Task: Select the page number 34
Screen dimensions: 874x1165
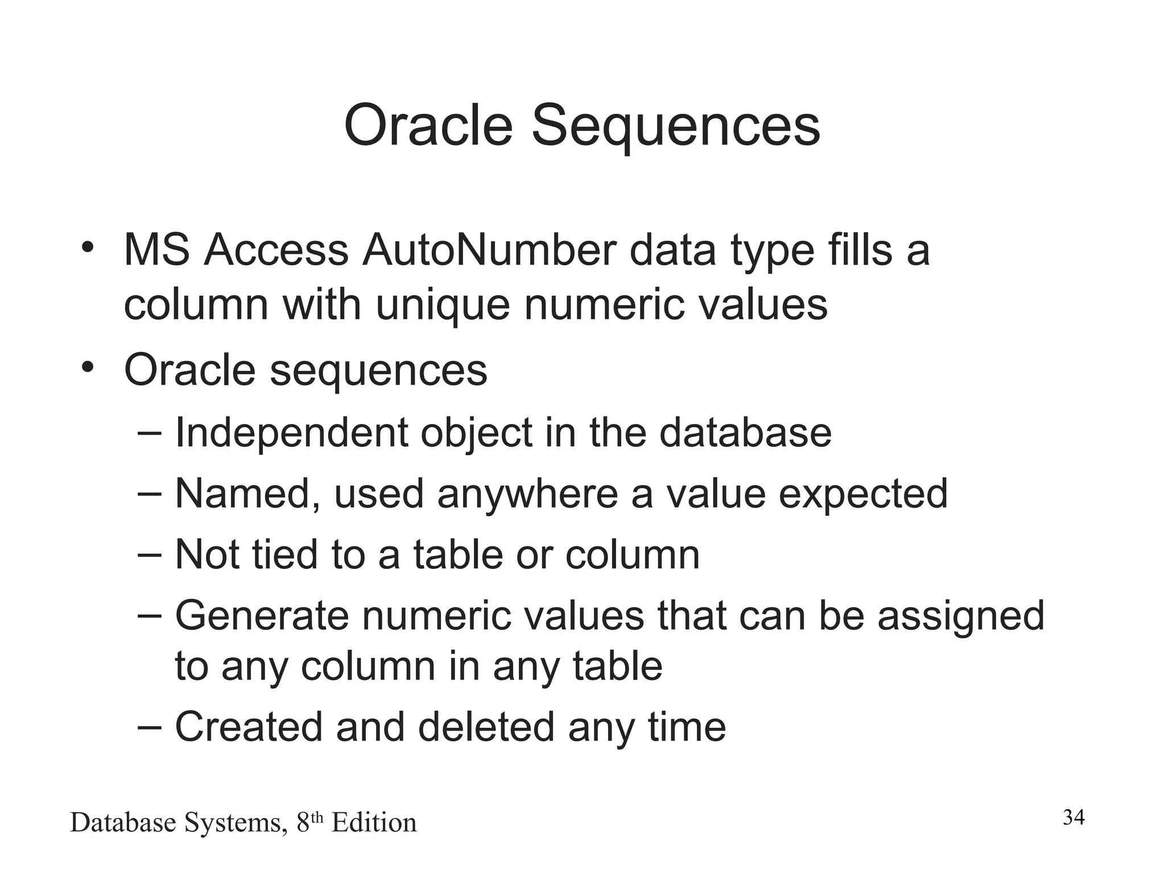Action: [1073, 818]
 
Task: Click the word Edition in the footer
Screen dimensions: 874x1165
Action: [374, 823]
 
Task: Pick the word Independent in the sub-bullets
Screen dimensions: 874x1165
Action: [291, 433]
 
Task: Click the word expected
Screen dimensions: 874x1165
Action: [862, 494]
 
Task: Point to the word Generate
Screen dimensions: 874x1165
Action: [261, 616]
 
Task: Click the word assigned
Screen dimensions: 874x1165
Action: [961, 616]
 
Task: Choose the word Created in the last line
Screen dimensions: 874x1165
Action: [249, 727]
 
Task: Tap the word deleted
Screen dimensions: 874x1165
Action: [486, 727]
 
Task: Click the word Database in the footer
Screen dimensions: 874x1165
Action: [123, 823]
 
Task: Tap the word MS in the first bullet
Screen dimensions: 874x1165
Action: [156, 250]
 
